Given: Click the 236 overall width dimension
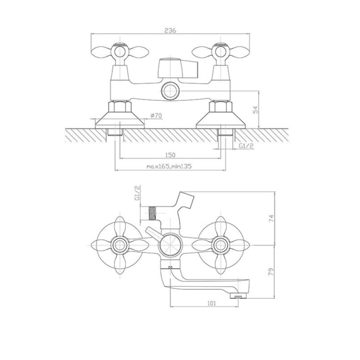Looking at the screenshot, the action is (x=171, y=30).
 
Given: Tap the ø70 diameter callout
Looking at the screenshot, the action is (x=156, y=116).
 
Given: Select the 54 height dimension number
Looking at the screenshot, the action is (x=255, y=110).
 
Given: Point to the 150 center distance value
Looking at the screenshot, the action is (x=170, y=155).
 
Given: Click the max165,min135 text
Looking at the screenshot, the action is (x=169, y=166).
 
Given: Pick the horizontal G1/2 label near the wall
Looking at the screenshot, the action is (x=246, y=145).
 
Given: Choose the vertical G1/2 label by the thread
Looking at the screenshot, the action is (x=137, y=193).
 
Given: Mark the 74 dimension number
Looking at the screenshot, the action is (x=271, y=218).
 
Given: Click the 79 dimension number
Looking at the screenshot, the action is (x=271, y=272).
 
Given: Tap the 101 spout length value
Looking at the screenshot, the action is (x=211, y=303).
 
